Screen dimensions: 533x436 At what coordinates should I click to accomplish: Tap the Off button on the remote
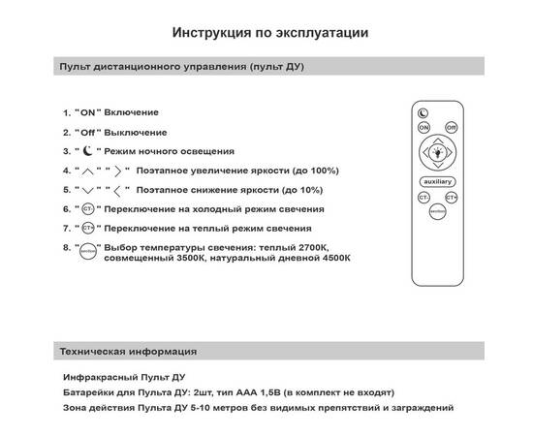(x=451, y=127)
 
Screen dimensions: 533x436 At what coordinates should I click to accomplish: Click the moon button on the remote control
(x=423, y=112)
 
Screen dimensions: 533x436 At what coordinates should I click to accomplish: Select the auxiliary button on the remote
(x=437, y=182)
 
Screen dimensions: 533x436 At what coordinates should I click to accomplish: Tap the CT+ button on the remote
(x=451, y=198)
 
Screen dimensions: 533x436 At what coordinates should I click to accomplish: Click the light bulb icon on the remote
(x=437, y=153)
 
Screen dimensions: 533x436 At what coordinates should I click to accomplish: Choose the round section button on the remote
(x=437, y=213)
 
